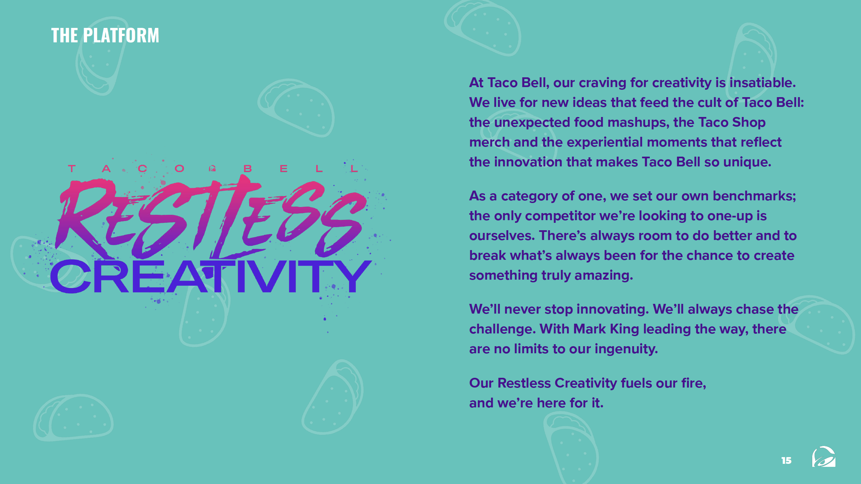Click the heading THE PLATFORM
tap(105, 35)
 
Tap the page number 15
tap(786, 460)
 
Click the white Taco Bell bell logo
tap(824, 456)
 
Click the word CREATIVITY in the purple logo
tap(211, 276)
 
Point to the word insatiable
tap(762, 83)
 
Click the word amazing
tap(604, 276)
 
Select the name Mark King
tap(606, 329)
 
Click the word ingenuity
tap(626, 349)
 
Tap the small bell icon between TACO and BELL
tap(212, 168)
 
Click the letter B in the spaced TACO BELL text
tap(248, 168)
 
